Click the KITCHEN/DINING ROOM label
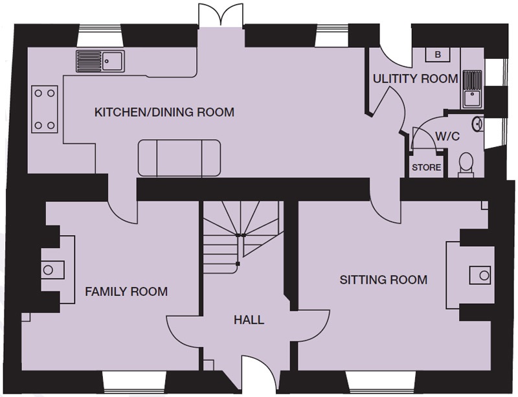[x=164, y=112]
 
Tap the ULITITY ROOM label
[x=415, y=79]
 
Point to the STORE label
[x=427, y=168]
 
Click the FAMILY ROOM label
[x=126, y=291]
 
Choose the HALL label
[x=248, y=320]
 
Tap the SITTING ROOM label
[x=384, y=280]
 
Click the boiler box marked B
[x=438, y=54]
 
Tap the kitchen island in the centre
[x=179, y=158]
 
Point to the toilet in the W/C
[x=466, y=164]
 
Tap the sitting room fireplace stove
[x=480, y=274]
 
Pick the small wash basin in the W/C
[x=478, y=122]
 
